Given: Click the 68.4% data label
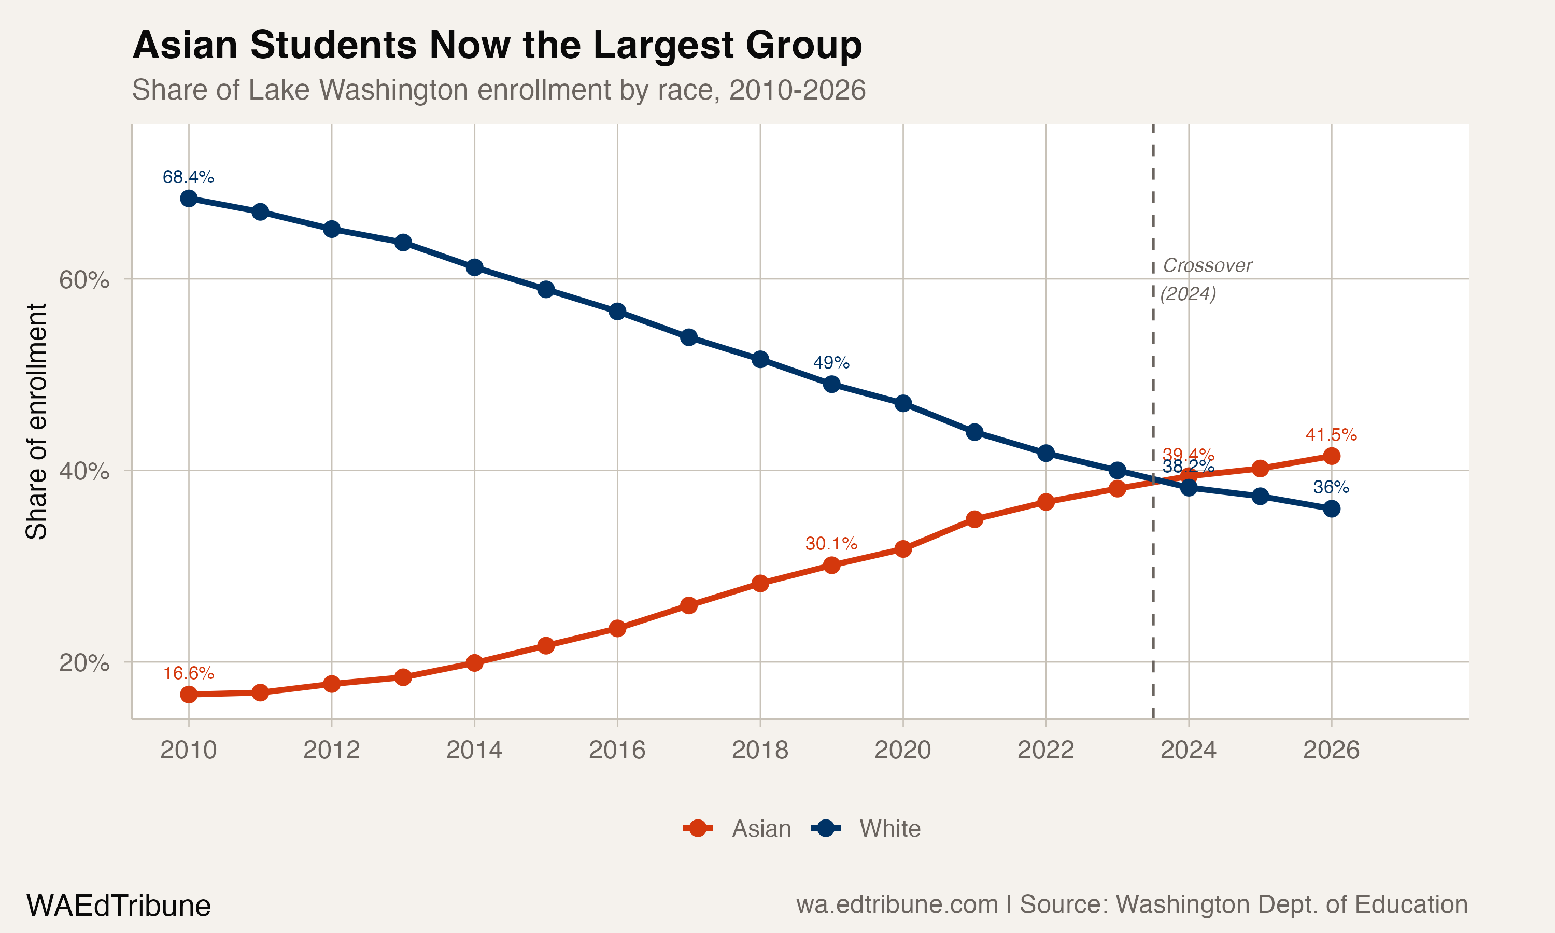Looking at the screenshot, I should point(189,177).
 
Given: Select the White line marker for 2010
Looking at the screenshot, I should point(189,199).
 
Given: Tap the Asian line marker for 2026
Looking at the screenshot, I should point(1331,456).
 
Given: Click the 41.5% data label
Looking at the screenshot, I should point(1331,434).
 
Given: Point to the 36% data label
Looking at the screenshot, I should point(1331,487).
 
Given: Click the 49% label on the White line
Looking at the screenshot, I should point(831,363).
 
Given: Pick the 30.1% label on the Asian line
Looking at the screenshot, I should point(831,544).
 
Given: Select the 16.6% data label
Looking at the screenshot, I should point(189,673).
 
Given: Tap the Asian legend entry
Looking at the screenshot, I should point(760,829).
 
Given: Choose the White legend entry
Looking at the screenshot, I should point(889,829).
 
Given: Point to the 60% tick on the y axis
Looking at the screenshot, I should point(84,280).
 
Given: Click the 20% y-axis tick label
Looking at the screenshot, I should point(84,662).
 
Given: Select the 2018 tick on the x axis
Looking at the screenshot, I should point(760,750).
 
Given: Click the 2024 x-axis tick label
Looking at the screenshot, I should point(1188,750).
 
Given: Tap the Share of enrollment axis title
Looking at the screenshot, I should point(36,421).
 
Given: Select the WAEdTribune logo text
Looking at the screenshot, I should point(118,906).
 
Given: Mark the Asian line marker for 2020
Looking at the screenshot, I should point(902,549).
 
